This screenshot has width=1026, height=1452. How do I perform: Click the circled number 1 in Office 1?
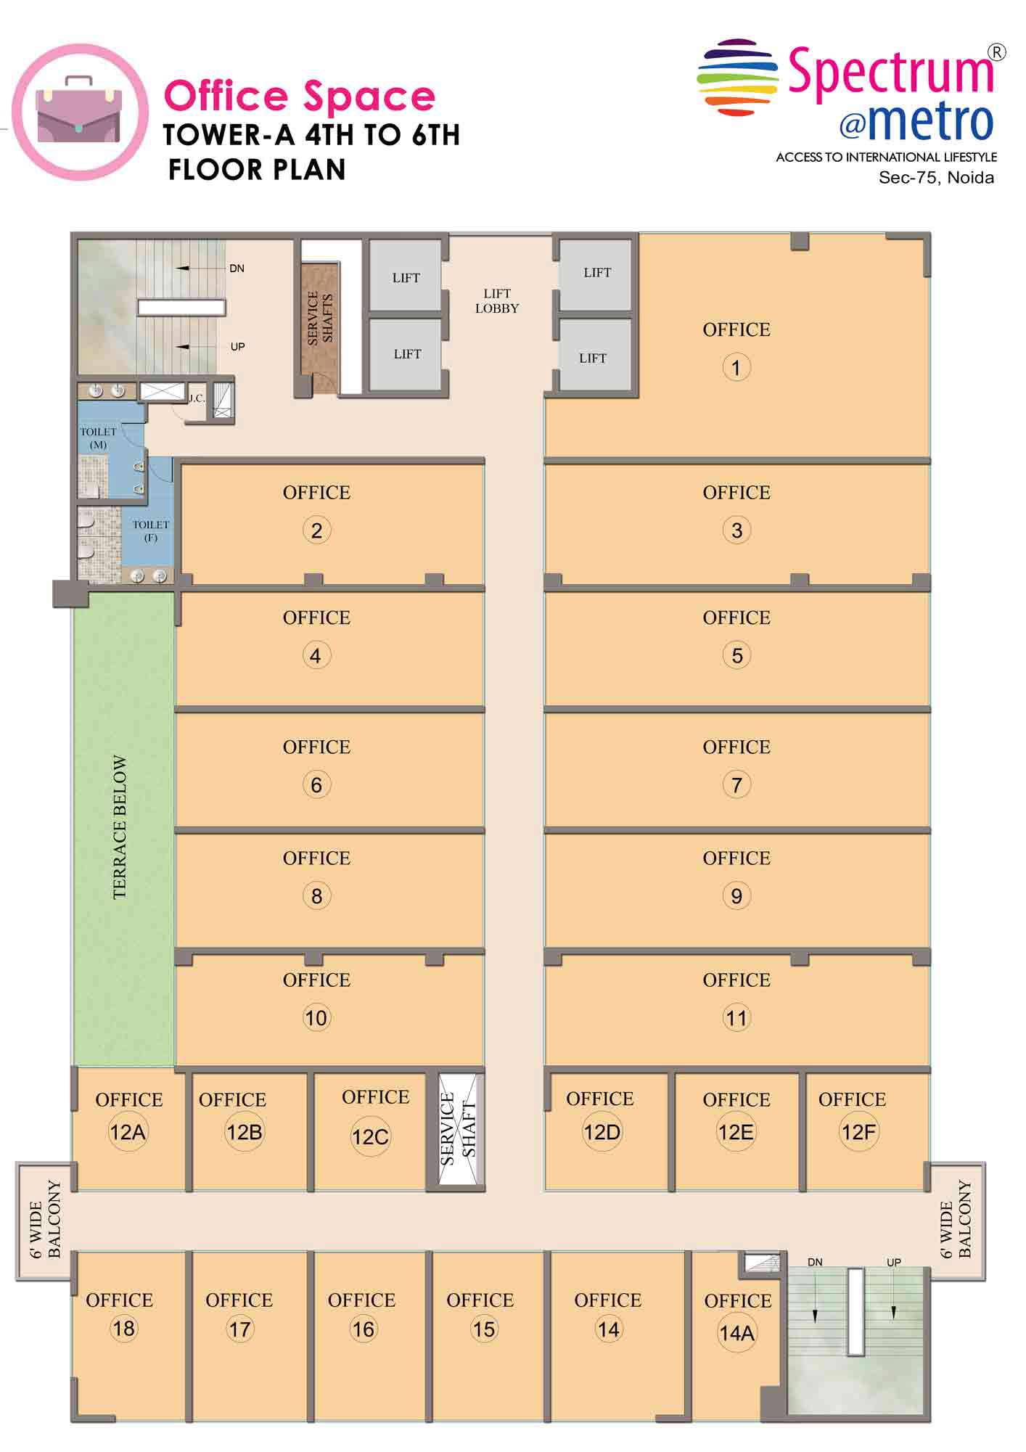pyautogui.click(x=736, y=367)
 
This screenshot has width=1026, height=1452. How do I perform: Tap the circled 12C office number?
pyautogui.click(x=370, y=1136)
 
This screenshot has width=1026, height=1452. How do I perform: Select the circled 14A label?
pyautogui.click(x=736, y=1333)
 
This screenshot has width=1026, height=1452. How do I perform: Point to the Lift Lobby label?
pyautogui.click(x=497, y=300)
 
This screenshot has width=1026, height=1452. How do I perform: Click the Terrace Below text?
pyautogui.click(x=120, y=828)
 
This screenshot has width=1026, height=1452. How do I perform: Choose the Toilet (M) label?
pyautogui.click(x=98, y=438)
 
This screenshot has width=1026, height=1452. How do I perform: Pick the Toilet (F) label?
pyautogui.click(x=151, y=530)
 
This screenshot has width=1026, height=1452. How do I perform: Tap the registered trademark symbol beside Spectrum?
pyautogui.click(x=998, y=52)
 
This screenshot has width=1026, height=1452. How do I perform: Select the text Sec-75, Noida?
pyautogui.click(x=936, y=178)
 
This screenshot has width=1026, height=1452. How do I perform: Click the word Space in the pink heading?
pyautogui.click(x=369, y=96)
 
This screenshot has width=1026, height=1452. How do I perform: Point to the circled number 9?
pyautogui.click(x=736, y=896)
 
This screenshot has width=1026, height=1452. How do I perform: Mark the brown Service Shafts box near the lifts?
pyautogui.click(x=320, y=328)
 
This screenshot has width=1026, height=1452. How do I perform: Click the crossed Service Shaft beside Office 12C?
pyautogui.click(x=460, y=1131)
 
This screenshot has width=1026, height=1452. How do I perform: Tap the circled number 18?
pyautogui.click(x=123, y=1329)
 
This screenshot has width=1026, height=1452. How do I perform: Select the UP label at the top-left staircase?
pyautogui.click(x=237, y=347)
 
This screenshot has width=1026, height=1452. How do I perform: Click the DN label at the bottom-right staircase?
pyautogui.click(x=815, y=1262)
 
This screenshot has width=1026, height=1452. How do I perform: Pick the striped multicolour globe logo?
pyautogui.click(x=737, y=78)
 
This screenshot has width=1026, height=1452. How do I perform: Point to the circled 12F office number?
pyautogui.click(x=859, y=1132)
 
